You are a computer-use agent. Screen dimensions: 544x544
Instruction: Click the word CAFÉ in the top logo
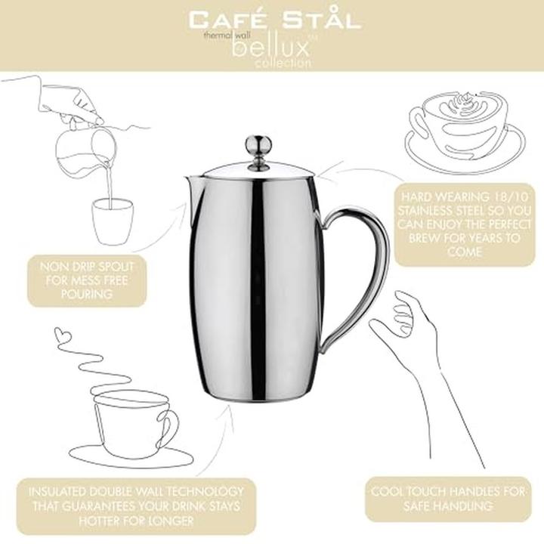[227, 20]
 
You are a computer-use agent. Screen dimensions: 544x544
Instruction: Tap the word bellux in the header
[270, 48]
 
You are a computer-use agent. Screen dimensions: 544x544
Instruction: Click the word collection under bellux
[283, 63]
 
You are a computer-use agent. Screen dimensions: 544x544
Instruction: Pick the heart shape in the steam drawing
[63, 334]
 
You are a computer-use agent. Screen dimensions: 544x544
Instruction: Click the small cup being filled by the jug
[113, 221]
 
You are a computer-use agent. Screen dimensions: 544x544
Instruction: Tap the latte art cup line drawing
[465, 131]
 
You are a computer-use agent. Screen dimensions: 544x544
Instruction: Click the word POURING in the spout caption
[87, 294]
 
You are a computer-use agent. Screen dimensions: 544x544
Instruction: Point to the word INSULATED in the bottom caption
[57, 492]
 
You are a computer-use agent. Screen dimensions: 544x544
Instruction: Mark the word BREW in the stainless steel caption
[424, 238]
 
